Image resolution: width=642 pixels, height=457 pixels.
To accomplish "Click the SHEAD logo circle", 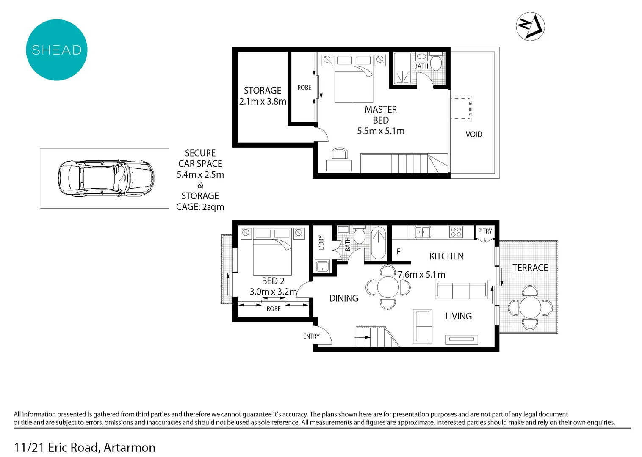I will pos(57,50).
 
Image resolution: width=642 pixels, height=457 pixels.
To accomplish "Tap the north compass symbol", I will pos(530,26).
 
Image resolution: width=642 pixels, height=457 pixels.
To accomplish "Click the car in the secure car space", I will pos(106,178).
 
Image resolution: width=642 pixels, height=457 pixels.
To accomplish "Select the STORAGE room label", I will pos(262,91).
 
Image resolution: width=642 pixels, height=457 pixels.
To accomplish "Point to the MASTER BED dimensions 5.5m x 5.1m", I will pos(380,131).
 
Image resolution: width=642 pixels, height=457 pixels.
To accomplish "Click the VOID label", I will pos(473,135).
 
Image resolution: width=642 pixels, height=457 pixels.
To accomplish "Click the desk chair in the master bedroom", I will pos(339,153).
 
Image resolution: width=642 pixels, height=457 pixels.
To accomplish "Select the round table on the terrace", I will pos(530,308).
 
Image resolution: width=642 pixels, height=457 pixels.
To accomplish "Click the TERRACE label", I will pos(530,268).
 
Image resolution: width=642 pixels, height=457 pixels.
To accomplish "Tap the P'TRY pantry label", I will pos(485,231).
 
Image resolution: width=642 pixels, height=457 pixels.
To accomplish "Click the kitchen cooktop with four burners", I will pos(456,232).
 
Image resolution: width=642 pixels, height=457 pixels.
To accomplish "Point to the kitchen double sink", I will pos(422,232).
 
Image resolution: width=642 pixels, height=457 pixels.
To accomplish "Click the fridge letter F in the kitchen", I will pos(398,251).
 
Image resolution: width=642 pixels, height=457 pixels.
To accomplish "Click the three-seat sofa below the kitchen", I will pos(461,290).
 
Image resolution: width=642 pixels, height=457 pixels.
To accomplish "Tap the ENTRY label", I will pos(311,336).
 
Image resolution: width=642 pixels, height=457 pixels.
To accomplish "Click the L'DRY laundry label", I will pos(321,242).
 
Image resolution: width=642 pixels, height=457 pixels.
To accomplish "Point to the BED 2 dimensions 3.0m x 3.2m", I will pos(273,292).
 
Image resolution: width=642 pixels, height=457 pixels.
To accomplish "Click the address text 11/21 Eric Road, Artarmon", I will pos(85,447).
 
